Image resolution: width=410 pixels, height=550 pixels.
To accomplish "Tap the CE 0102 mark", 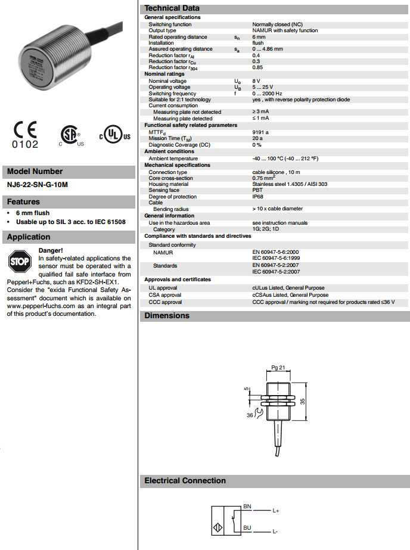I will coord(25,135).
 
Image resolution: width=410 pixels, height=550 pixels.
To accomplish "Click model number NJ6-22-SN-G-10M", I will coord(37,185).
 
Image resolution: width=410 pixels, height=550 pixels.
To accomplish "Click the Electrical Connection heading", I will coord(185,480).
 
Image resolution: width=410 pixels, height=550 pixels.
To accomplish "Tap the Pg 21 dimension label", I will coord(278,368).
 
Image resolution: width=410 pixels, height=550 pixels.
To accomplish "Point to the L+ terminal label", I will coord(277,511).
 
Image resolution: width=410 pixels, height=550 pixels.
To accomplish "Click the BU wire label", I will coord(247,526).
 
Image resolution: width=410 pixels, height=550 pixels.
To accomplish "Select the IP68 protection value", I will coord(258,197).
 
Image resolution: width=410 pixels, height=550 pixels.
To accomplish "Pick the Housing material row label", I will coord(169,184).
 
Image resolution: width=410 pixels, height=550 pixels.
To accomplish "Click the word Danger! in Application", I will coord(50,250).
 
